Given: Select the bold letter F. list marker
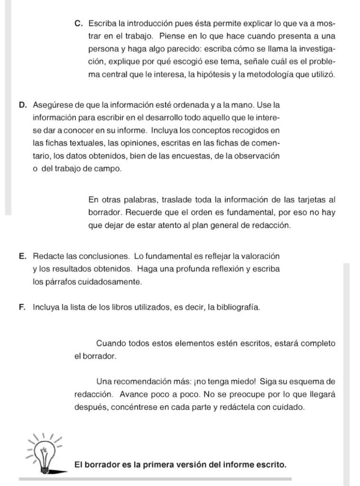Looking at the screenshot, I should (23, 307).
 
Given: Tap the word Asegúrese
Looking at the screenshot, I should (52, 104).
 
